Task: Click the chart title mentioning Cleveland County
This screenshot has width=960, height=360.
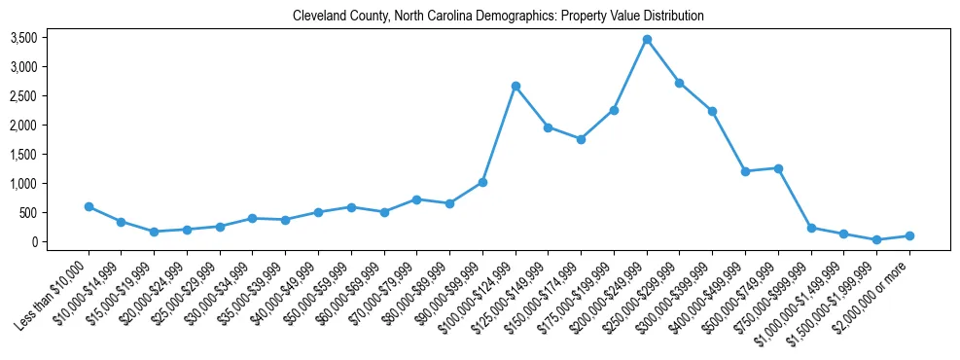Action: (x=498, y=17)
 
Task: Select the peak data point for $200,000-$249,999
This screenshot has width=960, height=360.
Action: (x=647, y=39)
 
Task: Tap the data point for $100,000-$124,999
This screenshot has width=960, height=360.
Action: (x=516, y=87)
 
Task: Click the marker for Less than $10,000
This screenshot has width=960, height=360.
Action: (x=89, y=206)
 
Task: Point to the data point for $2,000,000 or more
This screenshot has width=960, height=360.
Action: (x=909, y=235)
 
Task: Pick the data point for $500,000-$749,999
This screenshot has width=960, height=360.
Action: (x=778, y=168)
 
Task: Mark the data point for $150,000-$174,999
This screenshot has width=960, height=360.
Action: (x=581, y=139)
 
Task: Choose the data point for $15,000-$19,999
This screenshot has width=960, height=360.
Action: (x=155, y=232)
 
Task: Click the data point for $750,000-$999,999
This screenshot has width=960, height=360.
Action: (x=811, y=228)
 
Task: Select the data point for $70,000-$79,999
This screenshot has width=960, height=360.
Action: (x=416, y=199)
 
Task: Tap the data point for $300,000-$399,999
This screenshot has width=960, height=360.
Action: (x=712, y=111)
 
